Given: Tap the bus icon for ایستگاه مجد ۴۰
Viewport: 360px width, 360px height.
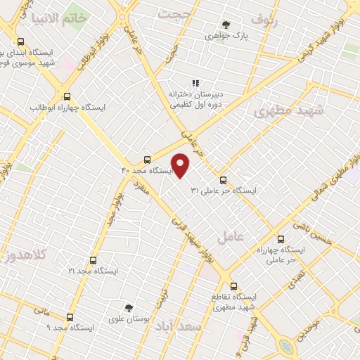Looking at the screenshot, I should (147, 160).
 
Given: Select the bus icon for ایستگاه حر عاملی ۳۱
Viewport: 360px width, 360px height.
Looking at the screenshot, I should (224, 180).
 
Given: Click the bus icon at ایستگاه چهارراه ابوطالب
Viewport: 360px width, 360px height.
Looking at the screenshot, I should (67, 97).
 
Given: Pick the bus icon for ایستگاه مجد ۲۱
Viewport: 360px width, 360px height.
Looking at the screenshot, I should (93, 260).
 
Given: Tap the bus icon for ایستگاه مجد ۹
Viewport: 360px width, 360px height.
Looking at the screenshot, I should (70, 317).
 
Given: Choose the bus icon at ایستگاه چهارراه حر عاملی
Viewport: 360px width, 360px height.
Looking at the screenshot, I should (281, 239).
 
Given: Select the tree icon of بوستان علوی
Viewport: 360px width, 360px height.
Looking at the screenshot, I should (129, 308).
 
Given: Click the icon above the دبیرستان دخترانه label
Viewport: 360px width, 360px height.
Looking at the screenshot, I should (195, 83).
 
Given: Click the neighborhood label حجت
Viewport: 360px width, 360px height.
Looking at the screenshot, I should (174, 13).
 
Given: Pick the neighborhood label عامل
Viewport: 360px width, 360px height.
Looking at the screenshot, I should (231, 237).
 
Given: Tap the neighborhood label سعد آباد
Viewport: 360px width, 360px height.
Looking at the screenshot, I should (201, 328).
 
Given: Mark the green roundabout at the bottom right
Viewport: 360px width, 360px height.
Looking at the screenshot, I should (287, 346).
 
